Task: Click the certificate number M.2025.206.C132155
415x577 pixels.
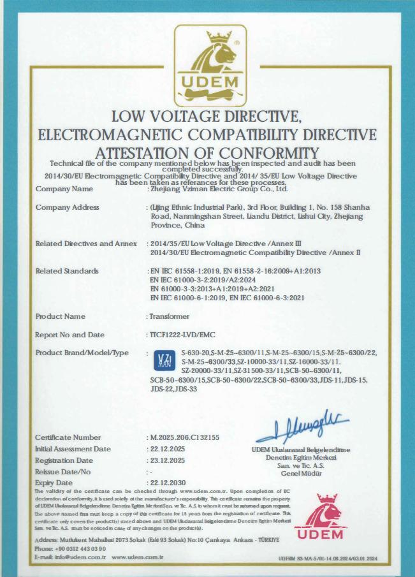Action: coord(184,437)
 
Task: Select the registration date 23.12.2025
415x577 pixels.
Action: coord(167,460)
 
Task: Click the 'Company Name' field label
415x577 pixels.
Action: coord(64,189)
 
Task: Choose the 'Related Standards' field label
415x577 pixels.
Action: coord(67,271)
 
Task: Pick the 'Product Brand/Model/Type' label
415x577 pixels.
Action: coord(82,353)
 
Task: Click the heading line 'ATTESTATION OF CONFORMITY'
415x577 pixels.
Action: coord(207,153)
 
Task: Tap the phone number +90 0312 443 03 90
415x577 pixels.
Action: coord(79,548)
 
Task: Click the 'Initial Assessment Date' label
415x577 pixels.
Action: coord(73,449)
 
